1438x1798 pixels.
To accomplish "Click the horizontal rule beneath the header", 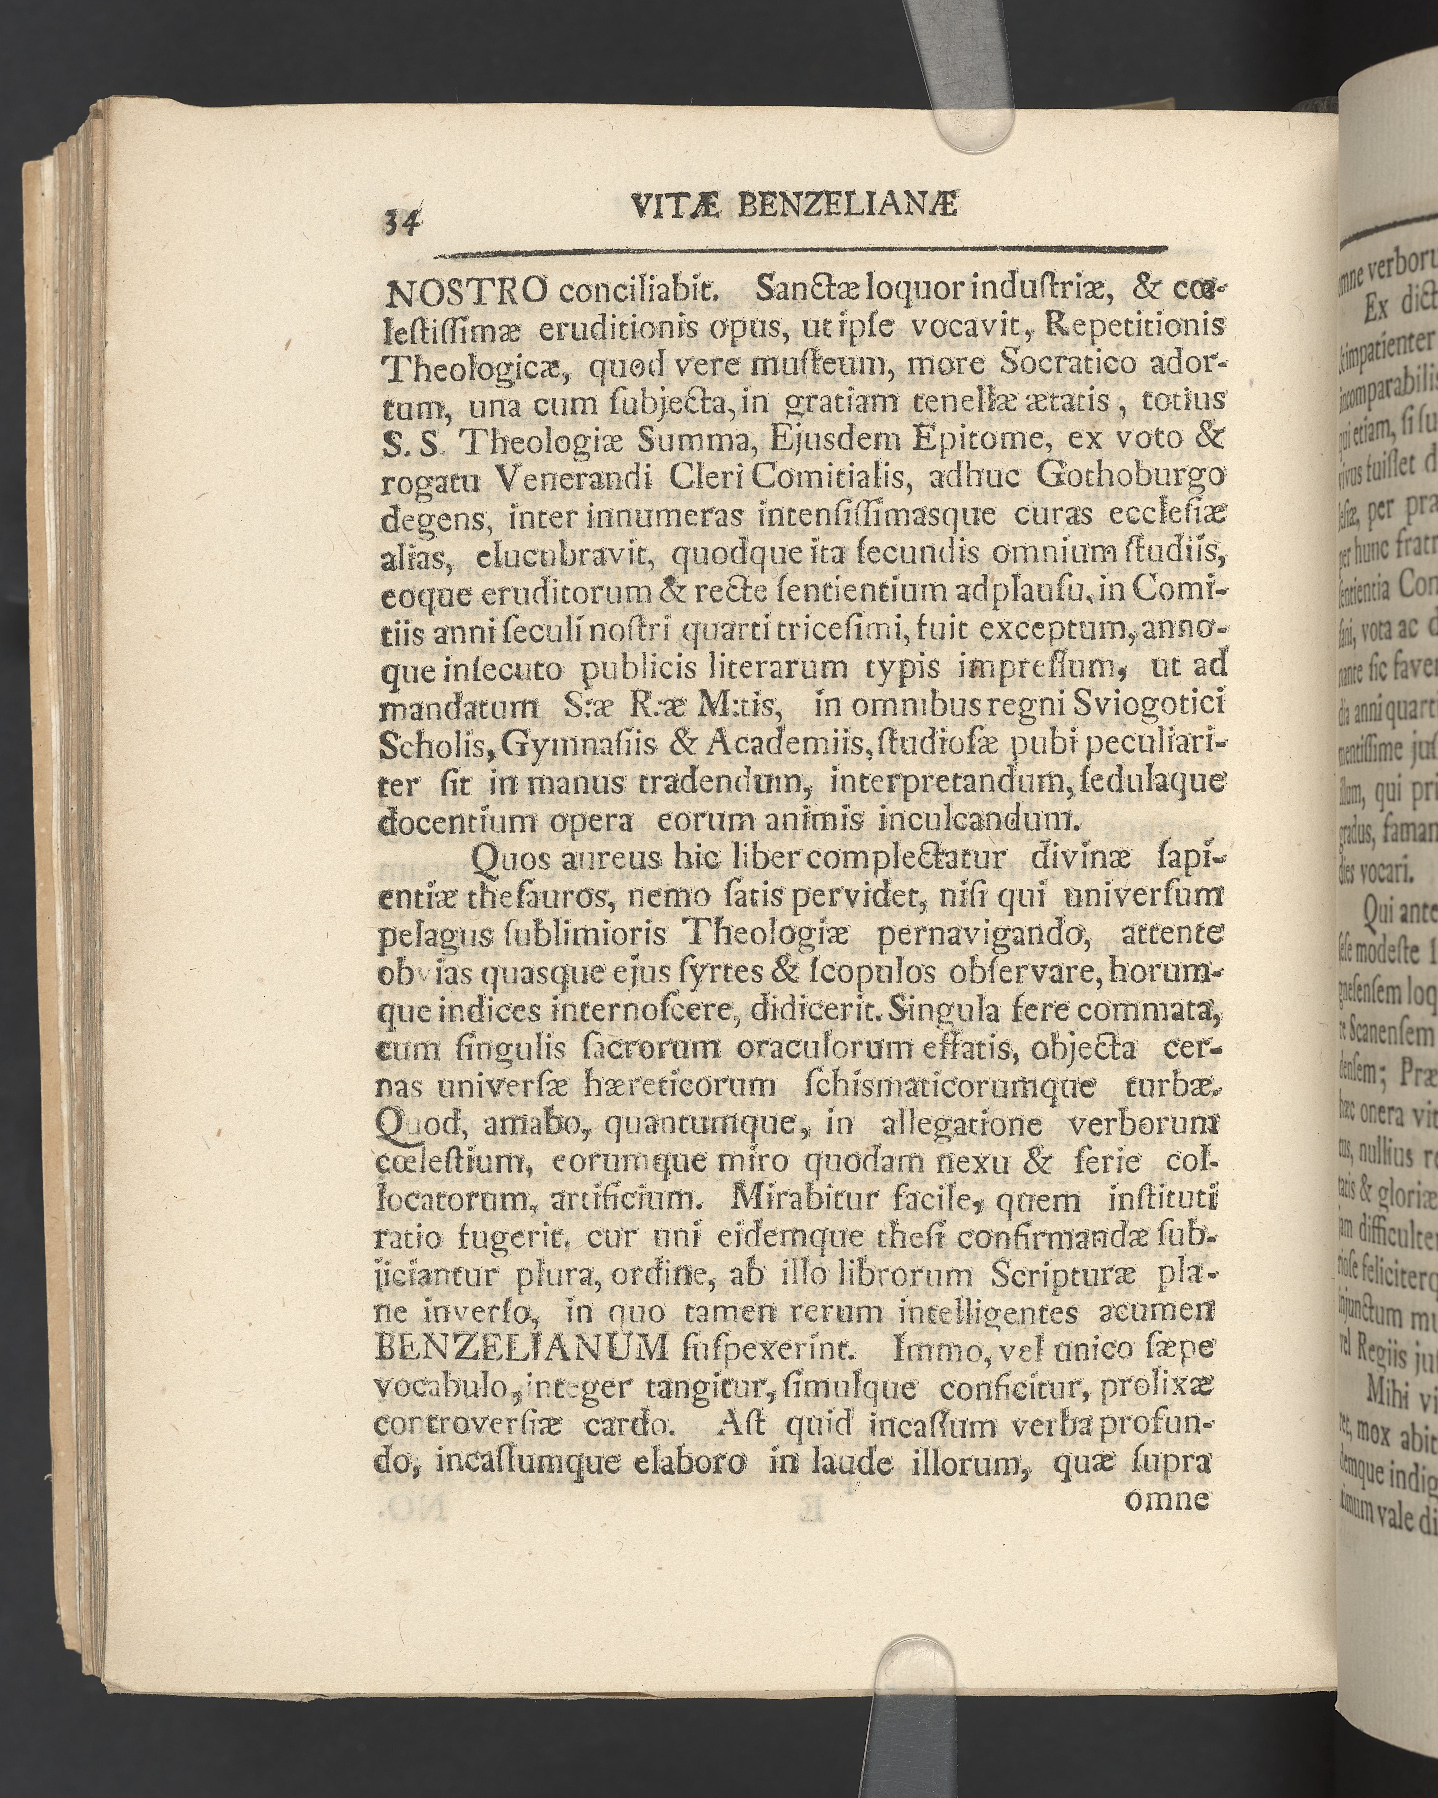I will tap(800, 249).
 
